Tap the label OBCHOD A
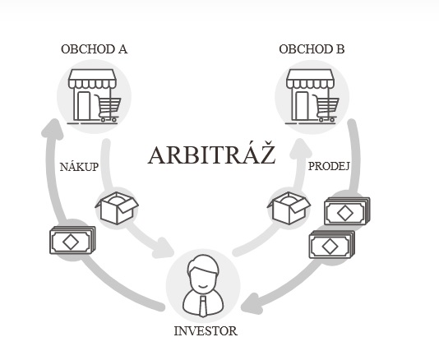94,49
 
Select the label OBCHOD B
312,49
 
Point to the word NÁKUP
79,167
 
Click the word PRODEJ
329,166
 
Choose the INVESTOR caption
206,331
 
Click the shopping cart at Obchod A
108,108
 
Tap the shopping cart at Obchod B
326,108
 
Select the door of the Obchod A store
84,106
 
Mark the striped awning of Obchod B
310,79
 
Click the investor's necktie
203,307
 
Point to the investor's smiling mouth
203,286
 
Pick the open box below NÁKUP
117,208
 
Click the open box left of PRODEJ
289,208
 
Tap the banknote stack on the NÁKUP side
72,240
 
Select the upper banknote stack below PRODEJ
347,211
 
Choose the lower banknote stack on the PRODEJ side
332,244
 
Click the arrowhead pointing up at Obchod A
53,129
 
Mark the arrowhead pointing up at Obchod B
300,148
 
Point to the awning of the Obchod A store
92,79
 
